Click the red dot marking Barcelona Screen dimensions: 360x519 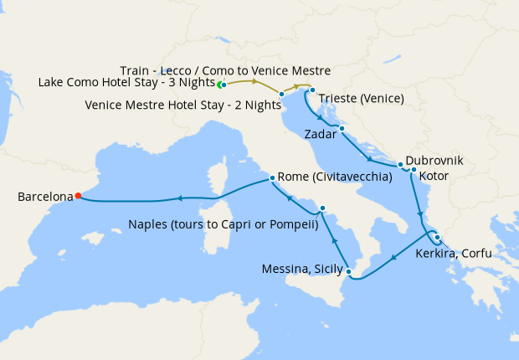pos(78,196)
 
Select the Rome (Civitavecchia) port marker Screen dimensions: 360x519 pos(272,178)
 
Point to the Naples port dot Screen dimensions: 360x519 pos(322,208)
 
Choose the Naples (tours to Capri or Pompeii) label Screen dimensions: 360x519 pos(224,224)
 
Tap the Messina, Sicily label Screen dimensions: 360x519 pos(301,269)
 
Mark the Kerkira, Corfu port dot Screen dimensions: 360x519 pos(437,237)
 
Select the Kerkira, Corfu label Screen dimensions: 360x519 pos(454,252)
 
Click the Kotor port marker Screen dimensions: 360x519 pos(414,169)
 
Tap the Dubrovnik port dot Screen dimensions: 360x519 pos(401,164)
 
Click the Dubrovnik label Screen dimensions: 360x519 pos(434,159)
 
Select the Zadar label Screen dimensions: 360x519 pos(321,133)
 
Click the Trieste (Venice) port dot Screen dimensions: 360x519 pos(312,90)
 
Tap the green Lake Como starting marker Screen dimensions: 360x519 pos(222,85)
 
